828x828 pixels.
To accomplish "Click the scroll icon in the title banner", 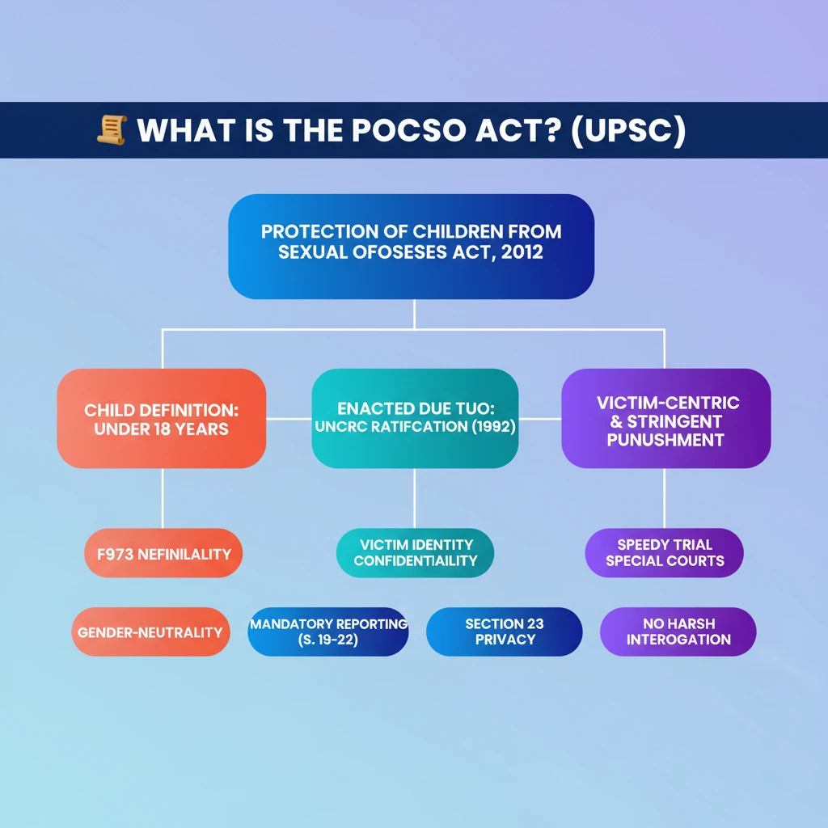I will (111, 130).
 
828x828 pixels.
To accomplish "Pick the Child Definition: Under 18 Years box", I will (161, 418).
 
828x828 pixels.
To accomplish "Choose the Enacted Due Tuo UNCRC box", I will (414, 418).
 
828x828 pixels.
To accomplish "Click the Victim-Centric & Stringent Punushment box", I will (665, 418).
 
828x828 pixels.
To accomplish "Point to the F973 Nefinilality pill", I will (163, 554).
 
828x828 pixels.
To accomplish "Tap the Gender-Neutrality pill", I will (150, 632).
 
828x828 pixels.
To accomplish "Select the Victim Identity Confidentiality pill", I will (415, 552).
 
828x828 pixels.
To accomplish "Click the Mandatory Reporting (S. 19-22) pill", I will (328, 632).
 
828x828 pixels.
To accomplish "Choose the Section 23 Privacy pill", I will (505, 632).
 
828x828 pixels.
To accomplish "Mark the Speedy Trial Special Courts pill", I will (665, 552).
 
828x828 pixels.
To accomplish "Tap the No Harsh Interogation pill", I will (678, 632).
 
